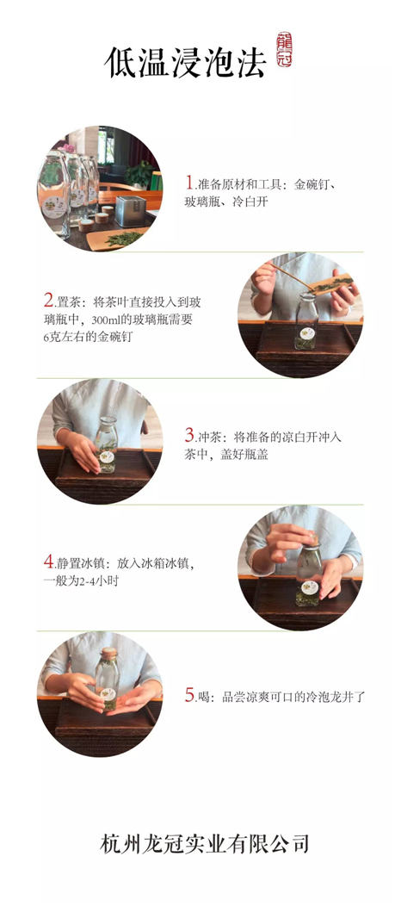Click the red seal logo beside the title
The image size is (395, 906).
(284, 50)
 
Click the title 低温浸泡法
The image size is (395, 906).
(185, 61)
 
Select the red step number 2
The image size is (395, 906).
(48, 300)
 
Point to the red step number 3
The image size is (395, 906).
(189, 435)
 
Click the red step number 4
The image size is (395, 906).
(48, 561)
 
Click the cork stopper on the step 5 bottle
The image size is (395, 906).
(108, 652)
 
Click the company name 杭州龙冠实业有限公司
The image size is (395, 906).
(205, 844)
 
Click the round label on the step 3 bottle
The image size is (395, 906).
(106, 456)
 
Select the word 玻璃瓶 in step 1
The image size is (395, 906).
(201, 202)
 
